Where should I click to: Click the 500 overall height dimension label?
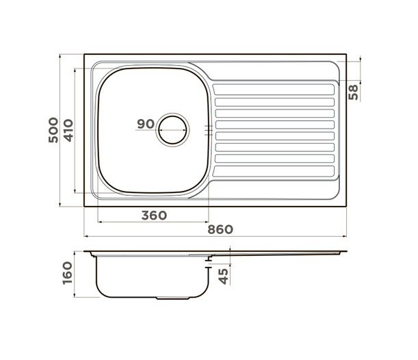tap(53, 130)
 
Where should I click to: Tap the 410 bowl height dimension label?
tap(68, 131)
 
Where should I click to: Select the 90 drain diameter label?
tap(146, 124)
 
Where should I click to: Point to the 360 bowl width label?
tap(154, 216)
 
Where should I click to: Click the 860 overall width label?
tap(220, 229)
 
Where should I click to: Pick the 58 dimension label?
tap(354, 92)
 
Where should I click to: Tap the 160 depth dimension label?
tap(68, 273)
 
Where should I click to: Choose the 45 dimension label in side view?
tap(224, 276)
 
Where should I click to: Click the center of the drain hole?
tap(173, 130)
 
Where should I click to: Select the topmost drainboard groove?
tap(274, 90)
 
